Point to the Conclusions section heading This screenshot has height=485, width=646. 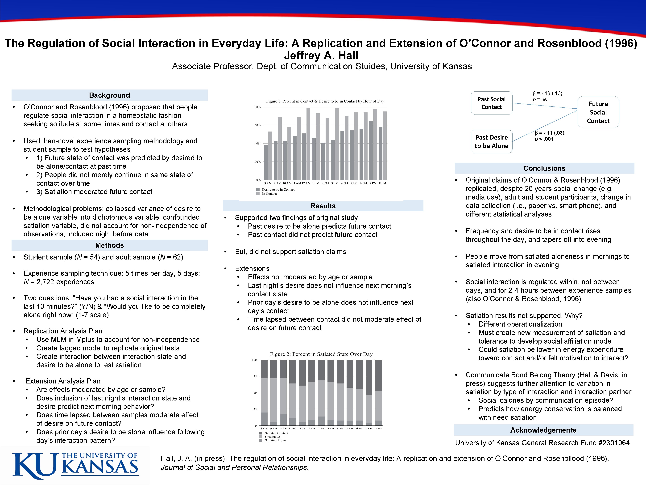click(x=544, y=168)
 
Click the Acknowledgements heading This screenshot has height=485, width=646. click(x=543, y=430)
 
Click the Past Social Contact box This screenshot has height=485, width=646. click(x=492, y=103)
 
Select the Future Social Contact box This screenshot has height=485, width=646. click(x=598, y=112)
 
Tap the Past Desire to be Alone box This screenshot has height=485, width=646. click(x=492, y=141)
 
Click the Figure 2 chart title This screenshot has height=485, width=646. click(x=321, y=354)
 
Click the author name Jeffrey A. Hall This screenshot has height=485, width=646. click(x=321, y=55)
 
